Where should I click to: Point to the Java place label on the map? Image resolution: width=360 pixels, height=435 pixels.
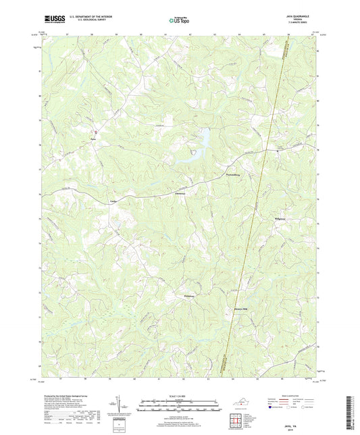pyautogui.click(x=94, y=140)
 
